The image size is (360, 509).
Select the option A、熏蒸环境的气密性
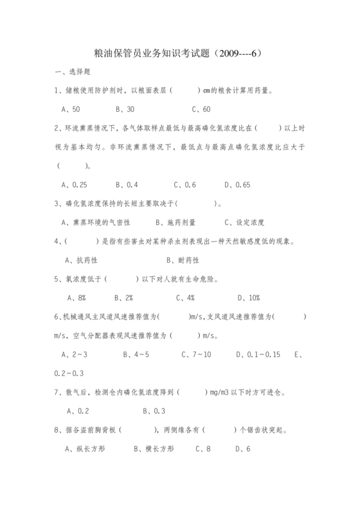[x=96, y=222]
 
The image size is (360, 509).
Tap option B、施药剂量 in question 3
[x=176, y=222]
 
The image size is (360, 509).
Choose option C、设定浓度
[x=244, y=222]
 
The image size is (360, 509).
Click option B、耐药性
[x=183, y=260]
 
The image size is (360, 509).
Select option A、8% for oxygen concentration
[x=76, y=298]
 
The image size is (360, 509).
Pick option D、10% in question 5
[x=249, y=298]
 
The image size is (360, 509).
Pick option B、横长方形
[x=154, y=449]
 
